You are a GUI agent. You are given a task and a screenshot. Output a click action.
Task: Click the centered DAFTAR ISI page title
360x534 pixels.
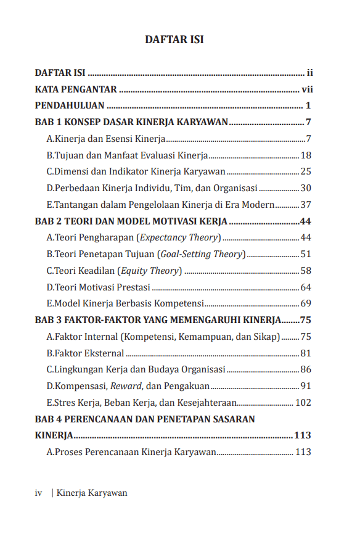174,39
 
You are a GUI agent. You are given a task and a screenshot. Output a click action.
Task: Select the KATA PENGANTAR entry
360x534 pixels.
76,89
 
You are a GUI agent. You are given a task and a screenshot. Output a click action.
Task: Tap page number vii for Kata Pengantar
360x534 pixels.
307,89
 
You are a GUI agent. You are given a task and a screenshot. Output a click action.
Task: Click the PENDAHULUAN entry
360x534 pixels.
70,105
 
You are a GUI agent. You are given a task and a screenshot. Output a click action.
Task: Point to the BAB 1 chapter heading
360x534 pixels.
131,121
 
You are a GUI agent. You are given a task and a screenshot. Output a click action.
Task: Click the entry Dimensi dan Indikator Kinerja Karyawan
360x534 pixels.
136,171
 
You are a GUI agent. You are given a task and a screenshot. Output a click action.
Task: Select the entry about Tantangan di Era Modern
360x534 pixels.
160,205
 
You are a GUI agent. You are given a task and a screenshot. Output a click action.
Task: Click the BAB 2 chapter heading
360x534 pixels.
131,221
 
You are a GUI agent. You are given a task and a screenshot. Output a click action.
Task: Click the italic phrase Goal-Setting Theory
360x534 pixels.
202,254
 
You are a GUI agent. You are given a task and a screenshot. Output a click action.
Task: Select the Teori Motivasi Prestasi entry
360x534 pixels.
99,287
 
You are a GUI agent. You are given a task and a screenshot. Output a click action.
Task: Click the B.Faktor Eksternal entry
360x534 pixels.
85,353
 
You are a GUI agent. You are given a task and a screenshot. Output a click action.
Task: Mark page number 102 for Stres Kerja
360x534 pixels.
303,403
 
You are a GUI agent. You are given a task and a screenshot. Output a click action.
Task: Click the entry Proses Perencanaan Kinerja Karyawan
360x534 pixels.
131,452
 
